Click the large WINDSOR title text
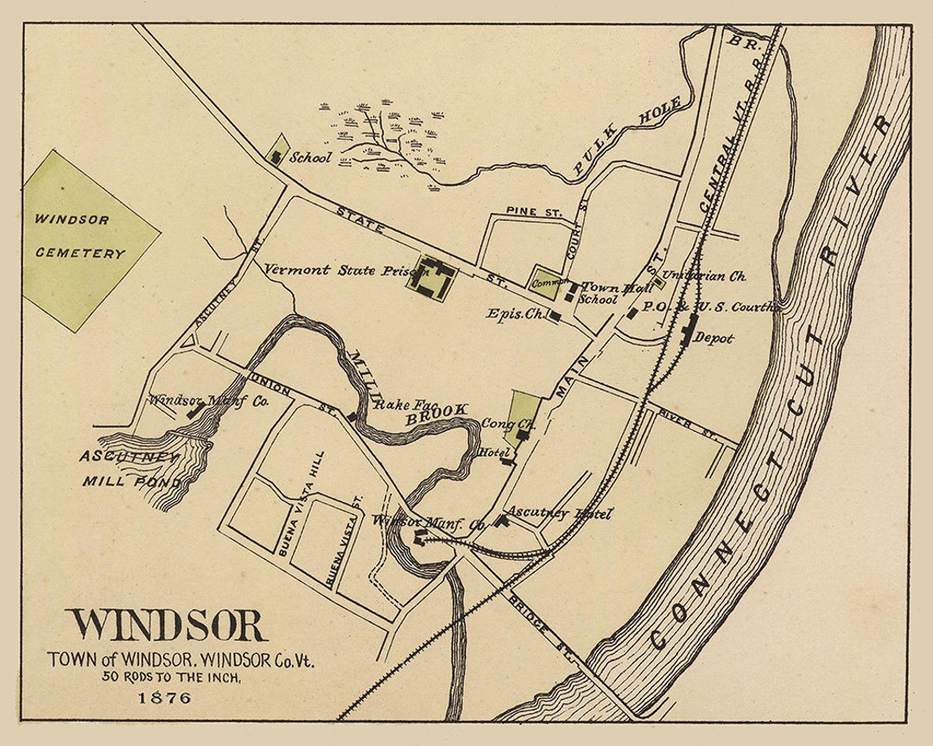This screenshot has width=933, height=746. coord(167,626)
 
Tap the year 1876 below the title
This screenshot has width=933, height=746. coord(164,698)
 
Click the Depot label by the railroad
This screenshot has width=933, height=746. coord(714,338)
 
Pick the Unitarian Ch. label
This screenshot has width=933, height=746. coord(709,276)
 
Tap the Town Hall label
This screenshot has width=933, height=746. coord(616,288)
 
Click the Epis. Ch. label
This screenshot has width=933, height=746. coord(516,314)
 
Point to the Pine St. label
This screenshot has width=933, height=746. coord(534,212)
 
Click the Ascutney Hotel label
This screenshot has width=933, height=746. coord(559,514)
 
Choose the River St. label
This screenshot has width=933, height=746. coord(675,413)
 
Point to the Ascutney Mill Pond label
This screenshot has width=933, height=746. coord(130,469)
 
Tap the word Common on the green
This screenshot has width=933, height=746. coord(550,282)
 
